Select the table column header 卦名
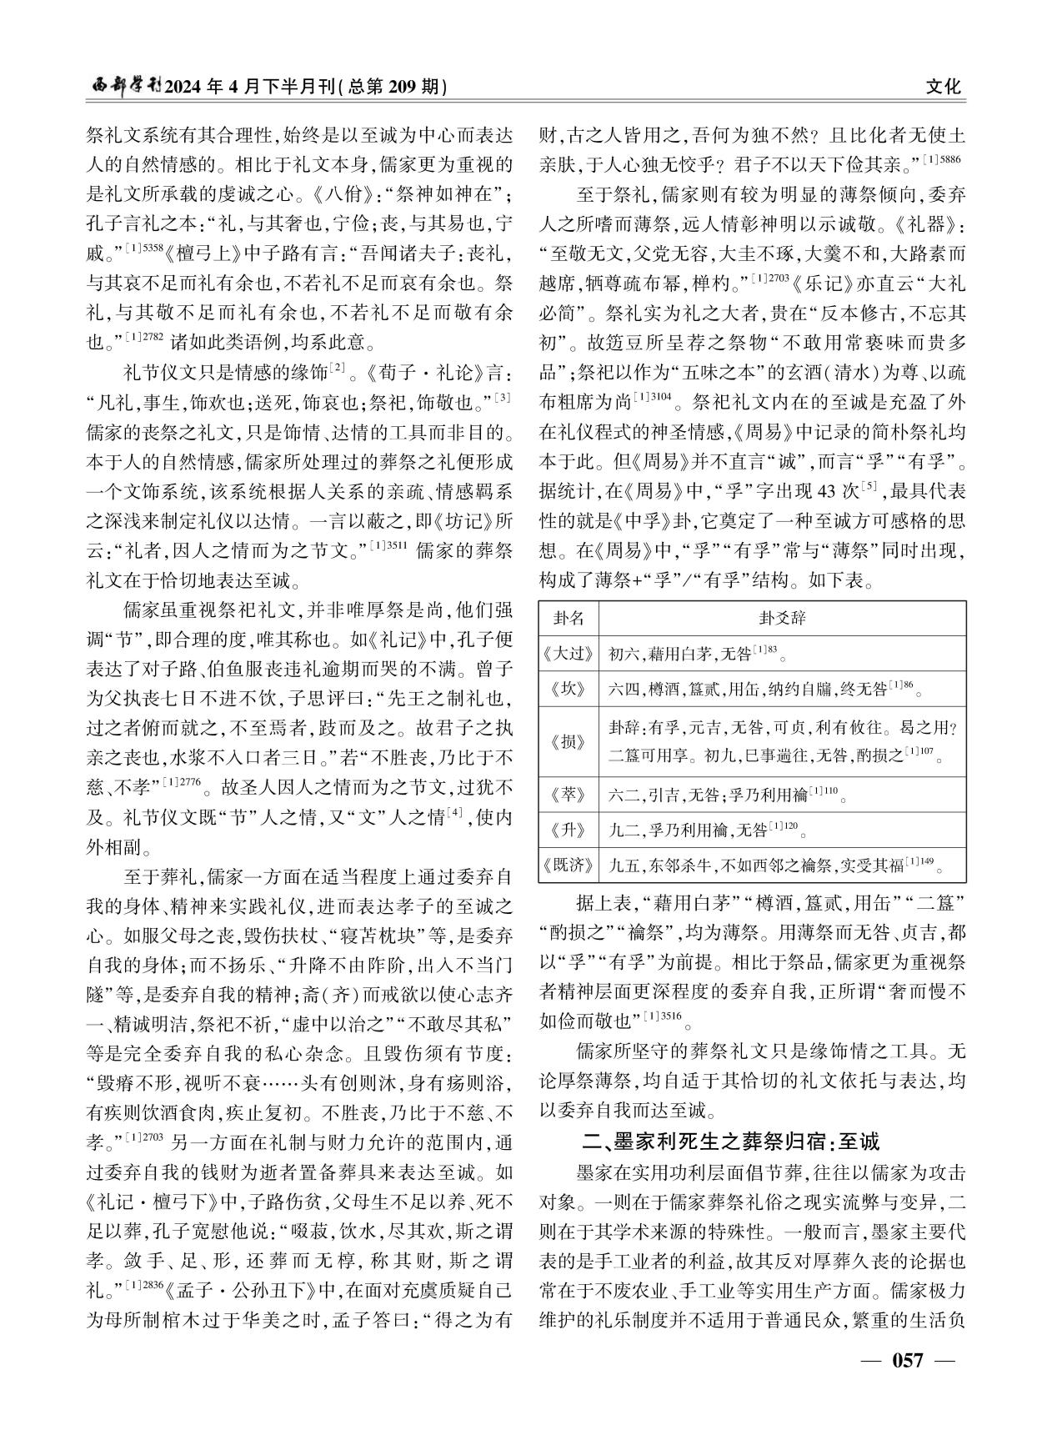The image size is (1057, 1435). pos(569,618)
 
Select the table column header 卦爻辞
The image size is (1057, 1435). pos(782,618)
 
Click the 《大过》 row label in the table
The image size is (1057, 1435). pos(569,654)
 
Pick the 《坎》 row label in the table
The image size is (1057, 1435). pos(569,690)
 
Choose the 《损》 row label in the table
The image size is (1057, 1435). pos(569,741)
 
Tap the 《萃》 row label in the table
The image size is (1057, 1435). pos(569,794)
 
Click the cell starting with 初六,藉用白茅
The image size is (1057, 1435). pos(697,654)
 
